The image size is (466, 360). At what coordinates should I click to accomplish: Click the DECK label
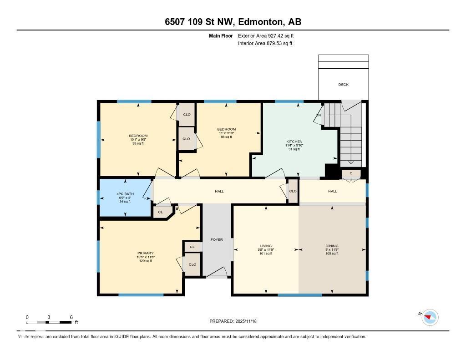point(343,85)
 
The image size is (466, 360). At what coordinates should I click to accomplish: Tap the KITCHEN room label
point(294,142)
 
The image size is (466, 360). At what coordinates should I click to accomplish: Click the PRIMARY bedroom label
point(145,253)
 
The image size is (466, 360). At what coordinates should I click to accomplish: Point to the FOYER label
point(217,239)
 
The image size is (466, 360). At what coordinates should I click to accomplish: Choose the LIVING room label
point(266,246)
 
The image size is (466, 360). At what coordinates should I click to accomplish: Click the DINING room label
point(332,246)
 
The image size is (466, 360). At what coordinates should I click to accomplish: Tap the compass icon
point(430,317)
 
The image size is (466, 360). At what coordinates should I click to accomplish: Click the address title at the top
point(233,22)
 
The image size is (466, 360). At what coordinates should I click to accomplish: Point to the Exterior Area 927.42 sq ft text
point(269,35)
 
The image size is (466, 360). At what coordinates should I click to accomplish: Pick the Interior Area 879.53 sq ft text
point(265,44)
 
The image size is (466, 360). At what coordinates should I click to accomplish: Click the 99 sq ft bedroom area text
point(138,143)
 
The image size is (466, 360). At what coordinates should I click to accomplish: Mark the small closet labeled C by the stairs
point(351,173)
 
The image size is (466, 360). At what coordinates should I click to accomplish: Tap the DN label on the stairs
point(319,115)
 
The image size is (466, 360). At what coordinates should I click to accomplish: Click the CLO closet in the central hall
point(293,191)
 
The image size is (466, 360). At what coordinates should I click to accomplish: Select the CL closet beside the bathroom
point(160,212)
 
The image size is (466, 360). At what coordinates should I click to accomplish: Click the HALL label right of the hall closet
point(333,191)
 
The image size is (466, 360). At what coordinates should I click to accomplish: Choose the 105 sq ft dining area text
point(332,254)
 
